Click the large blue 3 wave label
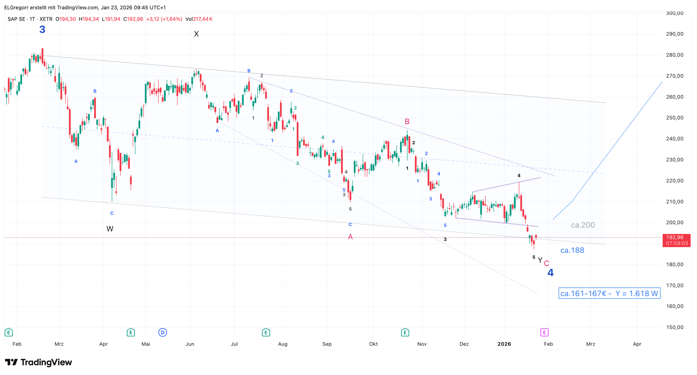click(x=42, y=29)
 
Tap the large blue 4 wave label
click(x=550, y=272)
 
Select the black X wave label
click(x=196, y=34)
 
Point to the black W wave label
click(x=110, y=229)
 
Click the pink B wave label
click(x=407, y=122)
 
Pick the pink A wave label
click(x=350, y=237)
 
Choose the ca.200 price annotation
click(x=583, y=225)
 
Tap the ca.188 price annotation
click(x=572, y=250)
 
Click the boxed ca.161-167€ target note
click(x=609, y=293)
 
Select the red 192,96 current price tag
click(x=676, y=240)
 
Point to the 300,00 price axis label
click(x=674, y=13)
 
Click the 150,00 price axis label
click(x=674, y=327)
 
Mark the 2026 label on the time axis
click(x=504, y=344)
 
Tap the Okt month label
click(x=373, y=344)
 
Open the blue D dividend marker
click(x=163, y=332)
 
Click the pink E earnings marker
click(x=544, y=332)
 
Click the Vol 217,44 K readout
click(x=199, y=19)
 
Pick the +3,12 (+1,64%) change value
click(x=164, y=19)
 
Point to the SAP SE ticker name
click(x=16, y=19)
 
